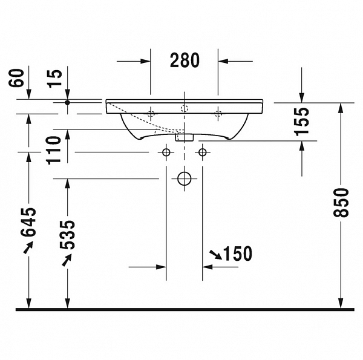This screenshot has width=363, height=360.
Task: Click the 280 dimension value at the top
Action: pos(185,60)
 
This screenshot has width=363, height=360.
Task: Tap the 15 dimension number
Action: pos(56,77)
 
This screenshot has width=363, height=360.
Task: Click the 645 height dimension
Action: pos(28,222)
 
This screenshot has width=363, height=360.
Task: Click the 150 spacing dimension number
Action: pos(238,254)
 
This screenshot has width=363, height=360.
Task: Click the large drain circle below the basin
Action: pos(184,178)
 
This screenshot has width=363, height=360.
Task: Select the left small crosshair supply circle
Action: pos(165,151)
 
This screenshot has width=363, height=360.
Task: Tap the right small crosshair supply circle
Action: pos(202,151)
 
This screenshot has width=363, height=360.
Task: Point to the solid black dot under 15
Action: pos(68,103)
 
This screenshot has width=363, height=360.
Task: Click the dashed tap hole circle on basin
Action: pos(185,109)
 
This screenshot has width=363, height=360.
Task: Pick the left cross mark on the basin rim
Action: pos(151,112)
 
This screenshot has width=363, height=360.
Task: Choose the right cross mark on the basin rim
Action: pos(218,112)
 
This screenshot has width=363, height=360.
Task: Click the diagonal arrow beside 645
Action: pos(28,247)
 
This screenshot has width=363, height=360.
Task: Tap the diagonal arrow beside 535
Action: pos(67,259)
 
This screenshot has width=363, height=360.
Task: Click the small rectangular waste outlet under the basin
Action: pos(184,137)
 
